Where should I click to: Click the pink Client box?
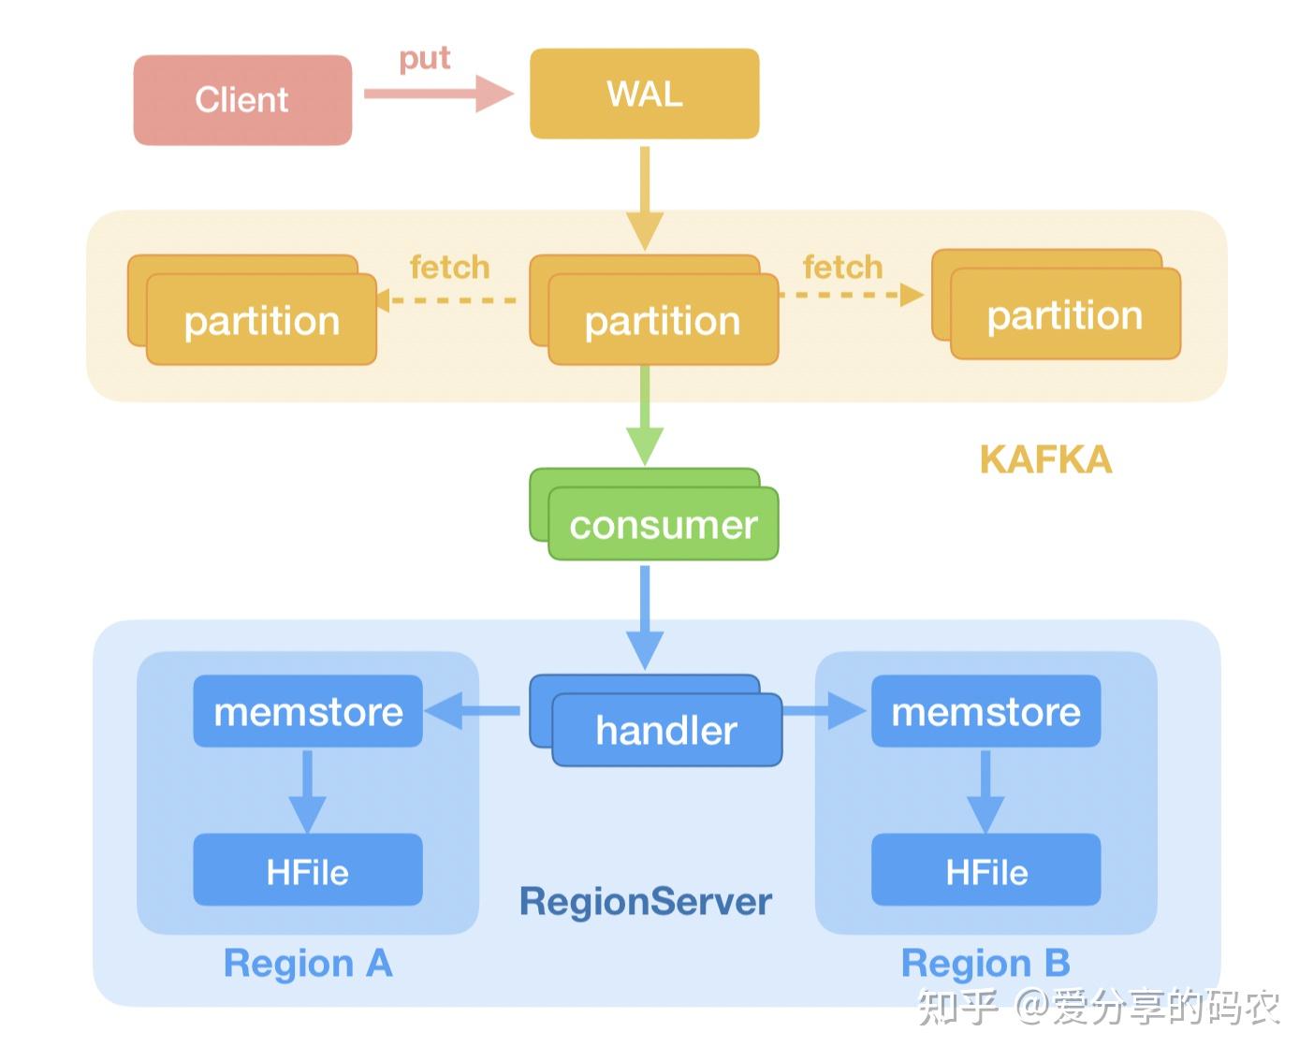coord(242,99)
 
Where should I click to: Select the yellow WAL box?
coord(644,94)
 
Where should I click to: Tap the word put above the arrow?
coord(424,58)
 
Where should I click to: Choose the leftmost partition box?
coord(260,319)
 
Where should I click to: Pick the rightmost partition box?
coord(1064,313)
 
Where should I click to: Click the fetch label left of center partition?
coord(449,268)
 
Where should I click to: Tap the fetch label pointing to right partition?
coord(842,268)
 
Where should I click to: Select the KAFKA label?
coord(1045,459)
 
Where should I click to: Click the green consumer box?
coord(663,524)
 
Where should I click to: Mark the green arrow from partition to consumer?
coord(645,416)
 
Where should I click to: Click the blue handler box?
coord(665,730)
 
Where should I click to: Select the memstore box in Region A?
coord(308,711)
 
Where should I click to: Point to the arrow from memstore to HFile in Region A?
coord(307,791)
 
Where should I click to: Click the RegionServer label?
coord(645,902)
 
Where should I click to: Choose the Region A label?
coord(307,963)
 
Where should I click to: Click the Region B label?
coord(985,963)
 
